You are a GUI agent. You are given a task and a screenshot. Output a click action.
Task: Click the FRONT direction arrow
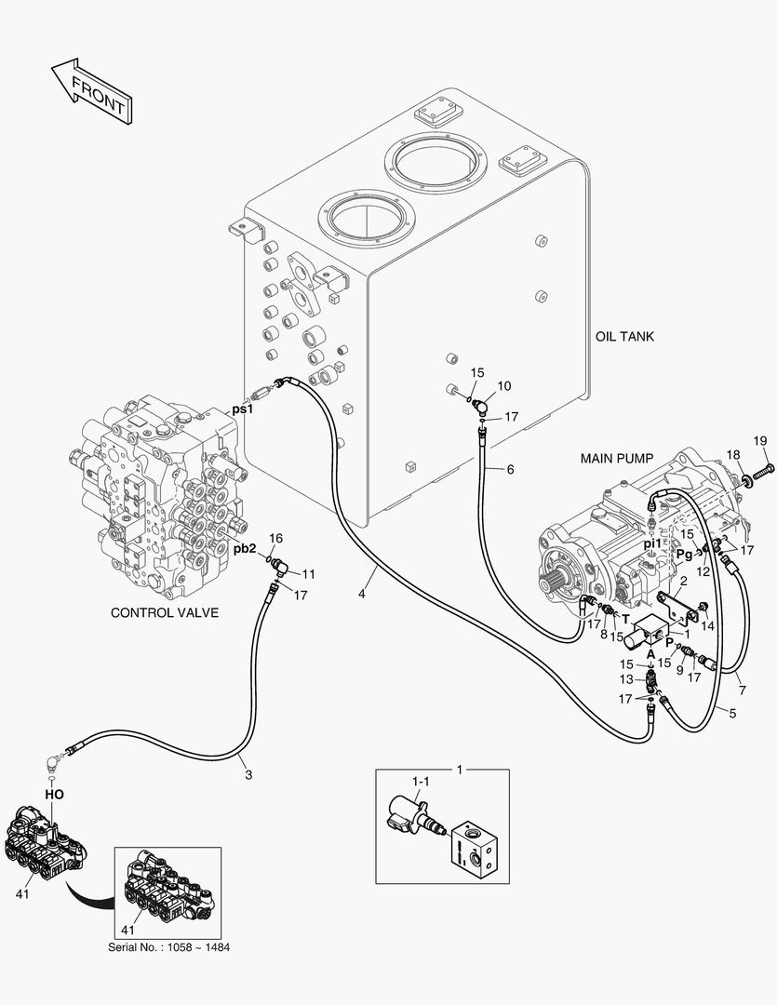click(x=90, y=91)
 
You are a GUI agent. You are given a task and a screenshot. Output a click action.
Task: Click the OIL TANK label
click(x=624, y=336)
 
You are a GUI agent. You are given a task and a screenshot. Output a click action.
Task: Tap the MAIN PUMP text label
click(x=617, y=459)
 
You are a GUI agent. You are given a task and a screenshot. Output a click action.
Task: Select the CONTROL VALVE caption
click(x=165, y=612)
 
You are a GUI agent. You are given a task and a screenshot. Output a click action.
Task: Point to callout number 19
click(x=758, y=440)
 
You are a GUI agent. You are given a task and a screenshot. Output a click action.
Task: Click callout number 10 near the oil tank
click(x=503, y=385)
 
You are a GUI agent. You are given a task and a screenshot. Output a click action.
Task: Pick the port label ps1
click(x=243, y=408)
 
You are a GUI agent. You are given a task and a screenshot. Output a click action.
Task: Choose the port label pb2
click(x=245, y=549)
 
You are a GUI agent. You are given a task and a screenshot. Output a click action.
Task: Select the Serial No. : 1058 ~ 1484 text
click(x=168, y=947)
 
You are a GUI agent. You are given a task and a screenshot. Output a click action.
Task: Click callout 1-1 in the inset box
click(x=422, y=783)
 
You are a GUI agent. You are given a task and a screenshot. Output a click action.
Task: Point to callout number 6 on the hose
click(x=510, y=470)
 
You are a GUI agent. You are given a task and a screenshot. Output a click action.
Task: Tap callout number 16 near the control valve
click(x=275, y=539)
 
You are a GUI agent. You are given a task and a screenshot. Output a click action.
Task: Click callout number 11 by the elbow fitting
click(x=308, y=573)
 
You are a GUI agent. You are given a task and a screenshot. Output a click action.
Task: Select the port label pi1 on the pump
click(x=652, y=543)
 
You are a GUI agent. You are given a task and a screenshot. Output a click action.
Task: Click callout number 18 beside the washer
click(x=733, y=455)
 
